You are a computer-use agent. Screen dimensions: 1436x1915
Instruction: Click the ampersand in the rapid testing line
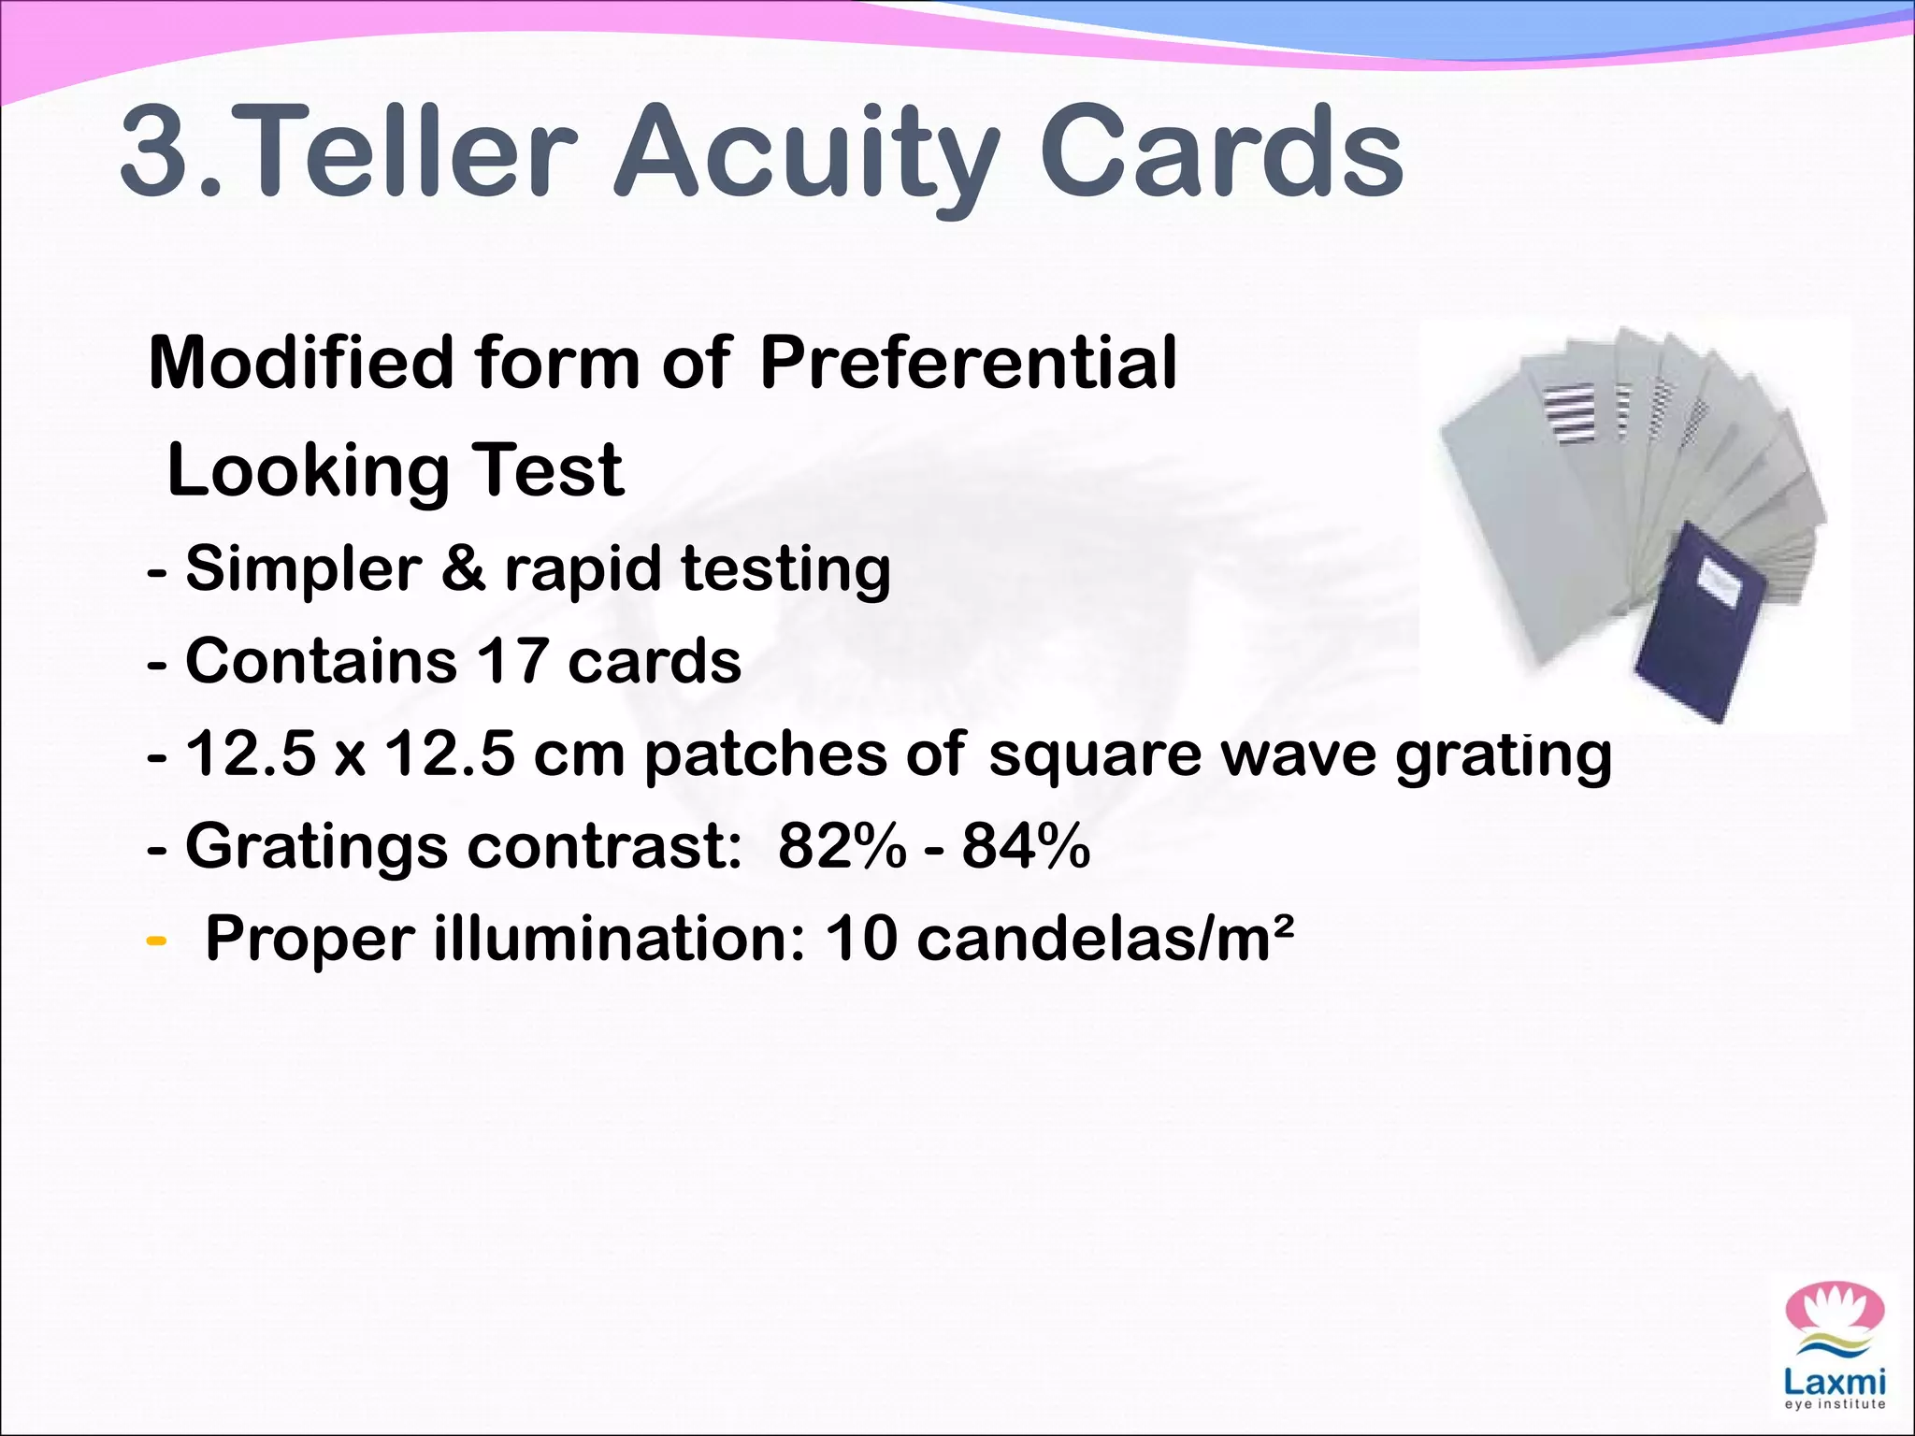[463, 567]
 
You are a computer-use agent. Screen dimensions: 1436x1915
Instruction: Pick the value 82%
[842, 845]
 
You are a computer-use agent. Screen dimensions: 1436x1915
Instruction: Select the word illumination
[612, 938]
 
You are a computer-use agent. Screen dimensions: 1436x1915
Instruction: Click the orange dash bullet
[157, 939]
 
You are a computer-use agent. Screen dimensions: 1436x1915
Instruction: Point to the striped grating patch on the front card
[1569, 412]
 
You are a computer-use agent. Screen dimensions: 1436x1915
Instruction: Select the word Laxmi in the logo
[1835, 1381]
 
